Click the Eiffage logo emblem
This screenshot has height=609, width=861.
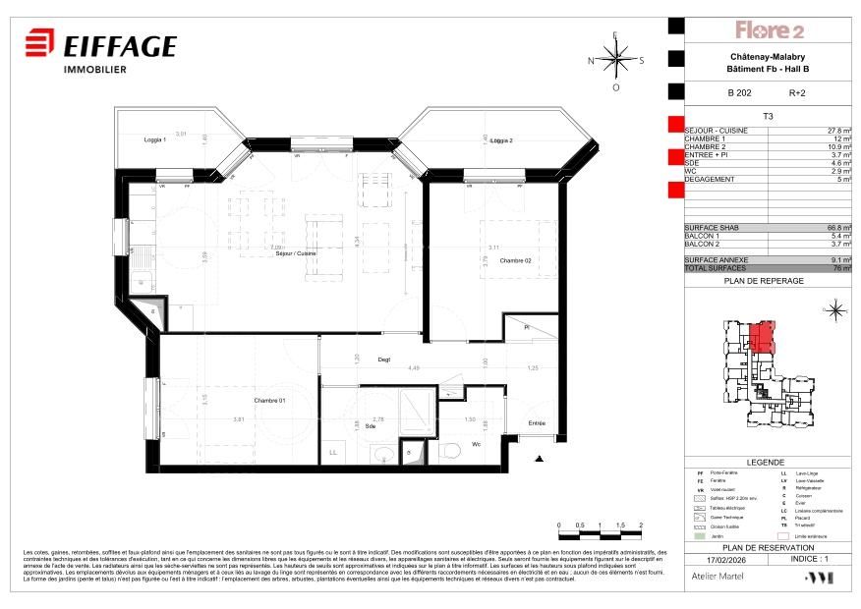(x=39, y=46)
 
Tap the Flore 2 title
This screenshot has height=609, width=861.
(x=771, y=30)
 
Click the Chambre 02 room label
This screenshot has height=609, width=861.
(x=515, y=260)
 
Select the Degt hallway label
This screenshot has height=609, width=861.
(x=384, y=360)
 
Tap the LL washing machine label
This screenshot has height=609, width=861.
(x=332, y=452)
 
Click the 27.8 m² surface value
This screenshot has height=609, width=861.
(x=838, y=131)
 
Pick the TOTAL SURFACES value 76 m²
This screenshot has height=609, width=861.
(x=842, y=268)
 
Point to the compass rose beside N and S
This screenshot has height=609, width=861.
(x=616, y=59)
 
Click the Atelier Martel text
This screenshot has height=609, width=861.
(x=717, y=579)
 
